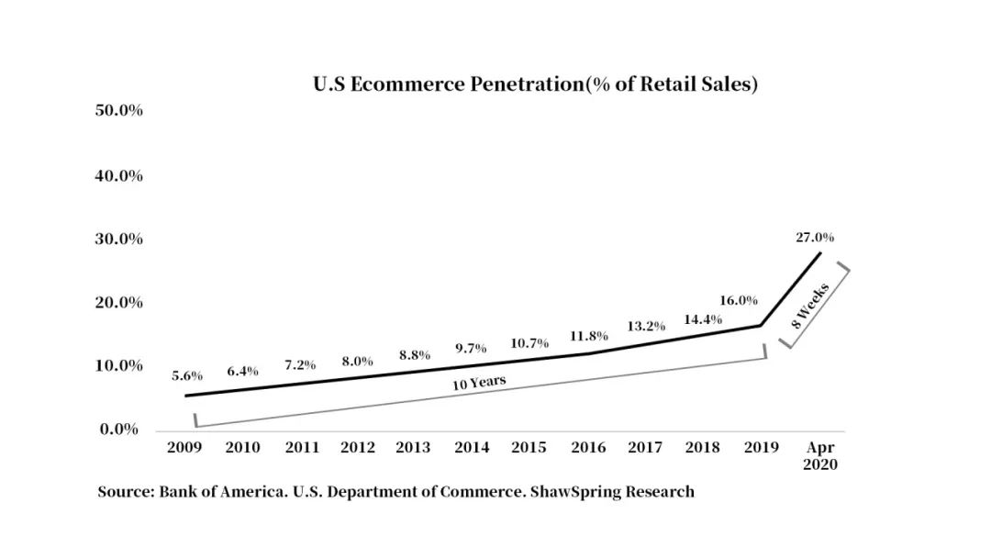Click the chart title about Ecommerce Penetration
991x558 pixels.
[534, 84]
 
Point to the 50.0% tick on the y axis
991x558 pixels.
[118, 111]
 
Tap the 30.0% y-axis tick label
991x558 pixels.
[118, 239]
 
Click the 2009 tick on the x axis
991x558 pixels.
[185, 448]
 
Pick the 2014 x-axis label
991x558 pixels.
[472, 448]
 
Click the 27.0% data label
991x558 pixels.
[815, 238]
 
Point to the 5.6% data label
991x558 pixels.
[187, 376]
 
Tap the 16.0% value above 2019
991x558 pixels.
[739, 300]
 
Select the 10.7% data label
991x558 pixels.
[529, 343]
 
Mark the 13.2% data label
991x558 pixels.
[645, 326]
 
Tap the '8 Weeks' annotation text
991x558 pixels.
[811, 306]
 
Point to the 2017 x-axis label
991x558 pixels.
[645, 448]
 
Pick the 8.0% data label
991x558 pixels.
[358, 361]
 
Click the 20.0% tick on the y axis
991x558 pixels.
[118, 302]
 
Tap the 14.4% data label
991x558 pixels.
[703, 319]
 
